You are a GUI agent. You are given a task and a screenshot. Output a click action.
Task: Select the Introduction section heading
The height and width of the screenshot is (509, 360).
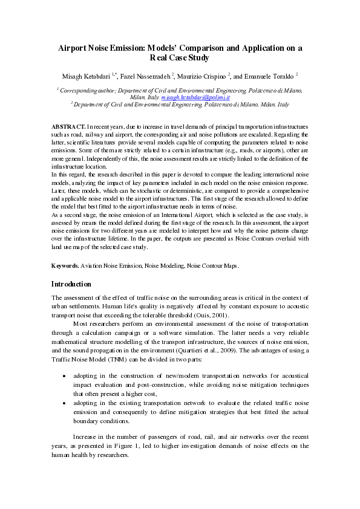click(71, 284)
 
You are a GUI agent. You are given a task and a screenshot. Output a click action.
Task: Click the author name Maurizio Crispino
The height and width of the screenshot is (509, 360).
click(203, 77)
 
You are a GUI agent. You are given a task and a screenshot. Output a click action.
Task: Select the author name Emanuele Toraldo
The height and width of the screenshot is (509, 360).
click(267, 77)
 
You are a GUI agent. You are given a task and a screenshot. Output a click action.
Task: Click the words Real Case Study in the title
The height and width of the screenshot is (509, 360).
click(179, 58)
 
